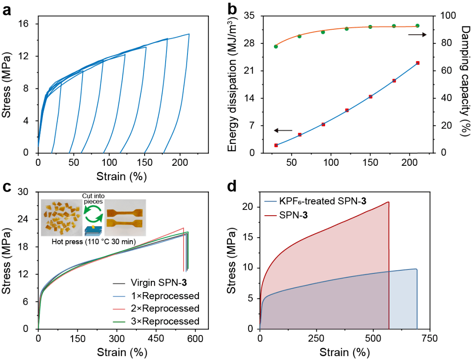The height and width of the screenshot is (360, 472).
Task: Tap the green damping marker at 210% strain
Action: (417, 26)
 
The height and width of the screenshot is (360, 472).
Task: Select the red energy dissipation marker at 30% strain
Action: (276, 145)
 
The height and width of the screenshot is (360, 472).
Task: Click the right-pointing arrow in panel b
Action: (418, 35)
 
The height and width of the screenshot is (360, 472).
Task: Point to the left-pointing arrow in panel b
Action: (283, 130)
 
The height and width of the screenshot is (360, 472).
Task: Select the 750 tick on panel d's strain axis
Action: (428, 339)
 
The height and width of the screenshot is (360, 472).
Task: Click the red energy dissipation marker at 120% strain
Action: (347, 110)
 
